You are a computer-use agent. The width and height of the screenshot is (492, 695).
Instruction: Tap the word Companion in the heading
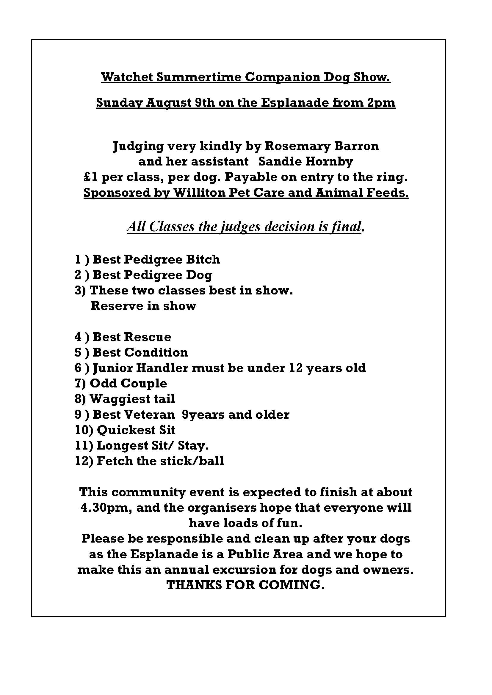point(282,77)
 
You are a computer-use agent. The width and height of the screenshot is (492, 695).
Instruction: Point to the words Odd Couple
point(129,383)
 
